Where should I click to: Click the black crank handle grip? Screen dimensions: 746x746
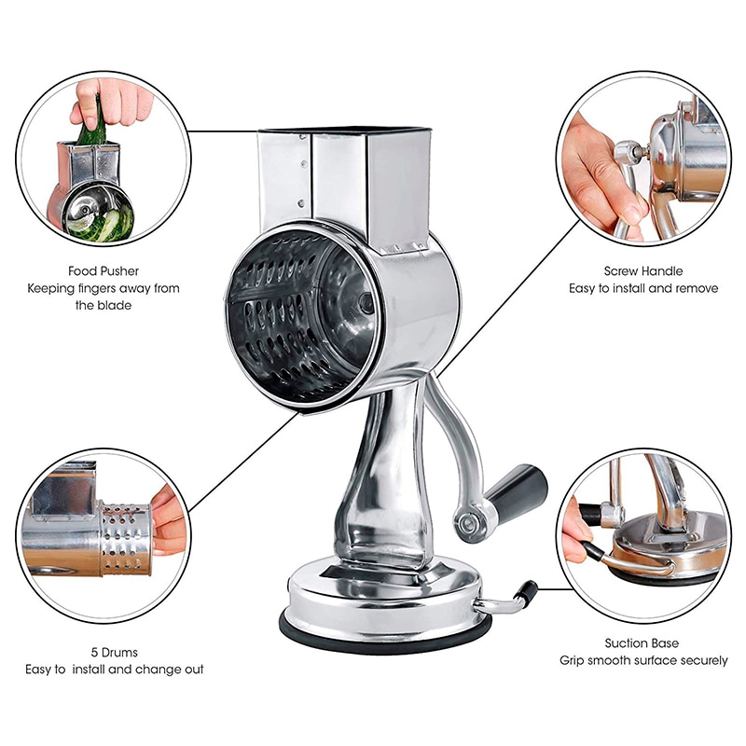[514, 486]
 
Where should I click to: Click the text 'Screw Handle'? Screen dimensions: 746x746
[643, 270]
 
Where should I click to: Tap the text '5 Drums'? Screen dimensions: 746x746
[113, 652]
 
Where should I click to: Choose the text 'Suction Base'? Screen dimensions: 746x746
[642, 643]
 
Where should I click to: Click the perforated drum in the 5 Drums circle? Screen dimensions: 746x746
[126, 537]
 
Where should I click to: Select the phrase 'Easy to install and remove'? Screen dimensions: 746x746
[643, 288]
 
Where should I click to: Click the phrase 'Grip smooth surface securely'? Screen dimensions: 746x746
[643, 660]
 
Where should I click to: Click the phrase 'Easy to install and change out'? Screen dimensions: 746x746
[114, 669]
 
